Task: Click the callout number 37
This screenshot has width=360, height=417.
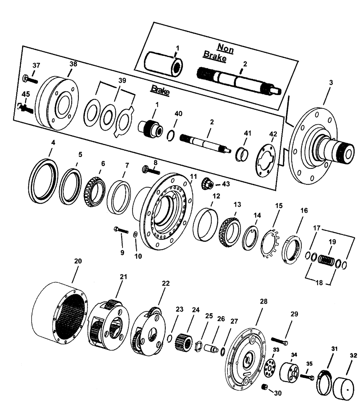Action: tap(37, 65)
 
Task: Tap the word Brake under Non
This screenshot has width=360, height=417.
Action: tap(215, 58)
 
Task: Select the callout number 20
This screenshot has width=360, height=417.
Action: tap(78, 261)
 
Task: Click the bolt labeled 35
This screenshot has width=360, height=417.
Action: tap(306, 377)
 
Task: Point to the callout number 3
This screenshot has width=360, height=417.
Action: tap(330, 83)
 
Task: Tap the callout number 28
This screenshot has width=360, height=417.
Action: tap(263, 301)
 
